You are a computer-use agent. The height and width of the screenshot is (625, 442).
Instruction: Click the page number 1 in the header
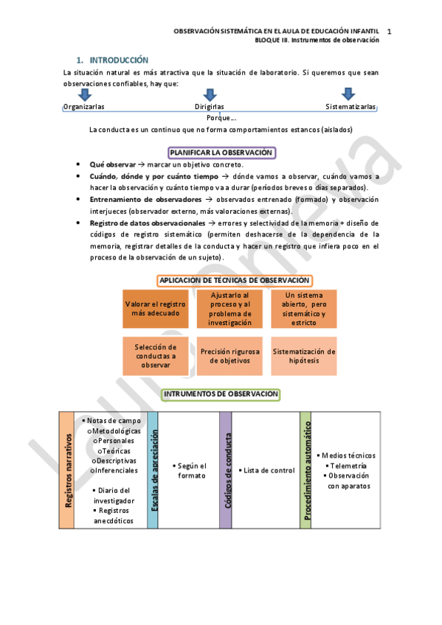click(x=388, y=32)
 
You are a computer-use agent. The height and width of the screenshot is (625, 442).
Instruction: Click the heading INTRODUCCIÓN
click(x=119, y=60)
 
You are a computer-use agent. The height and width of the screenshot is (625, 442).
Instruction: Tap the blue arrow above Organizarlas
click(x=84, y=94)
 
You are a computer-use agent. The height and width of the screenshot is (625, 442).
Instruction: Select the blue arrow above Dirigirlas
click(x=210, y=94)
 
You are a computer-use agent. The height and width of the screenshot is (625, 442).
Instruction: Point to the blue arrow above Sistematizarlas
click(x=348, y=94)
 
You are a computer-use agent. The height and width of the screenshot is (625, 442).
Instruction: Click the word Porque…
click(x=221, y=118)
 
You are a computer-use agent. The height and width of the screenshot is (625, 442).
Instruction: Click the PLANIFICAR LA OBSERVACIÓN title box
click(x=221, y=153)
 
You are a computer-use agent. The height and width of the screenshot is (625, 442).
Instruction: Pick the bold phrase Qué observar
click(x=112, y=165)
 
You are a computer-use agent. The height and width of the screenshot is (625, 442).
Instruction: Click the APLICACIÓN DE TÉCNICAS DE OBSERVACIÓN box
click(x=234, y=281)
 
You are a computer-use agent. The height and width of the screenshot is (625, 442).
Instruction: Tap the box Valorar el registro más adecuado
click(x=156, y=309)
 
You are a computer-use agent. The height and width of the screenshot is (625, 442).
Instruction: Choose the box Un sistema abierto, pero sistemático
click(x=304, y=309)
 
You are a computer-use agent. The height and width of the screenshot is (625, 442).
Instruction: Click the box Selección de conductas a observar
click(x=156, y=356)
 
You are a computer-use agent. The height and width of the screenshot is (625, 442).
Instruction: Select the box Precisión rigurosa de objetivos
click(x=230, y=356)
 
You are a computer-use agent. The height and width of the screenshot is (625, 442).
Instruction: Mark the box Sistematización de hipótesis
click(x=304, y=356)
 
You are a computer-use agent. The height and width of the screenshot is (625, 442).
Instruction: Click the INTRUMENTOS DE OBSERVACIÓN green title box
click(x=221, y=394)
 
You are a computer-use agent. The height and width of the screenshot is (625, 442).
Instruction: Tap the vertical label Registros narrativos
click(x=67, y=470)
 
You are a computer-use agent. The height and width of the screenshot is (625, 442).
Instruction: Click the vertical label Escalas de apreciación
click(x=153, y=470)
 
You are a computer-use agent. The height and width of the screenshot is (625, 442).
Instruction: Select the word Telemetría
click(x=348, y=466)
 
